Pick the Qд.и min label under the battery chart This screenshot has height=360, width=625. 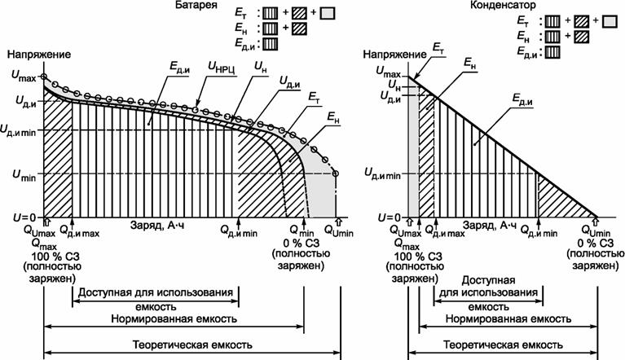pyautogui.click(x=238, y=232)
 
